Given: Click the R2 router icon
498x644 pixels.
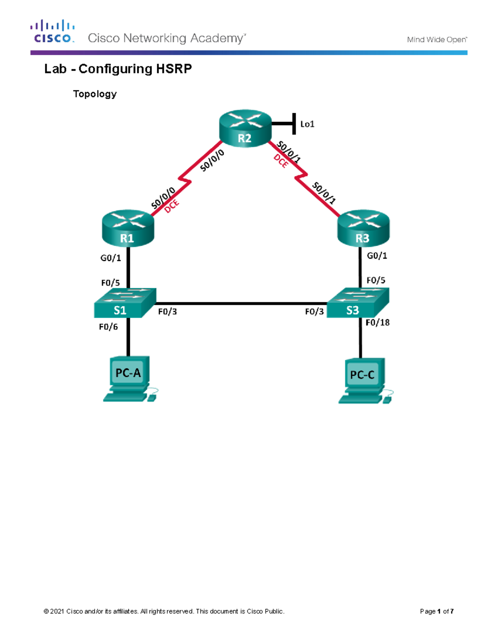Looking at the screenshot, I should (x=245, y=128).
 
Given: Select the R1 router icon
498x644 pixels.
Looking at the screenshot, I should (x=128, y=228).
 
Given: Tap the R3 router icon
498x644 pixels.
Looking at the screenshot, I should (x=363, y=228).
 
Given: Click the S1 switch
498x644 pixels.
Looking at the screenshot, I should (x=124, y=304).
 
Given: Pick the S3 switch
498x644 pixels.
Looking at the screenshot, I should (x=358, y=304).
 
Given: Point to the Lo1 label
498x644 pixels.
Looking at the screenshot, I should (x=307, y=124).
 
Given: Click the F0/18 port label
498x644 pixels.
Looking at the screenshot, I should (x=377, y=323).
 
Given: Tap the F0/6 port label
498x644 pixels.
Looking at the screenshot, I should (x=108, y=327).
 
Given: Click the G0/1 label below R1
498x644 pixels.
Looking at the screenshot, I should (x=111, y=258).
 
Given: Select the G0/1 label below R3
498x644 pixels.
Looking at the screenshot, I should (x=377, y=256).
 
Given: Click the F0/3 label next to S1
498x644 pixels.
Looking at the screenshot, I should (x=167, y=311).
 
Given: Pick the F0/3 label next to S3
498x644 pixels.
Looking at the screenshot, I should (x=314, y=311).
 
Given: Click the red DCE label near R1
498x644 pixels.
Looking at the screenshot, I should (x=171, y=206).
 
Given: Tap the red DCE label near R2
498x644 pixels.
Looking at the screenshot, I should (x=281, y=161).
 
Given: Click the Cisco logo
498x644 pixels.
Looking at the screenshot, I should (x=52, y=32).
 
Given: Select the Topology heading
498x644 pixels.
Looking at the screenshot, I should (x=95, y=94).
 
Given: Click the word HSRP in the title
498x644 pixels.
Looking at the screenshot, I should (x=174, y=69).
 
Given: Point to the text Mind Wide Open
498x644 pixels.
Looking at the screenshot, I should (x=437, y=40).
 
